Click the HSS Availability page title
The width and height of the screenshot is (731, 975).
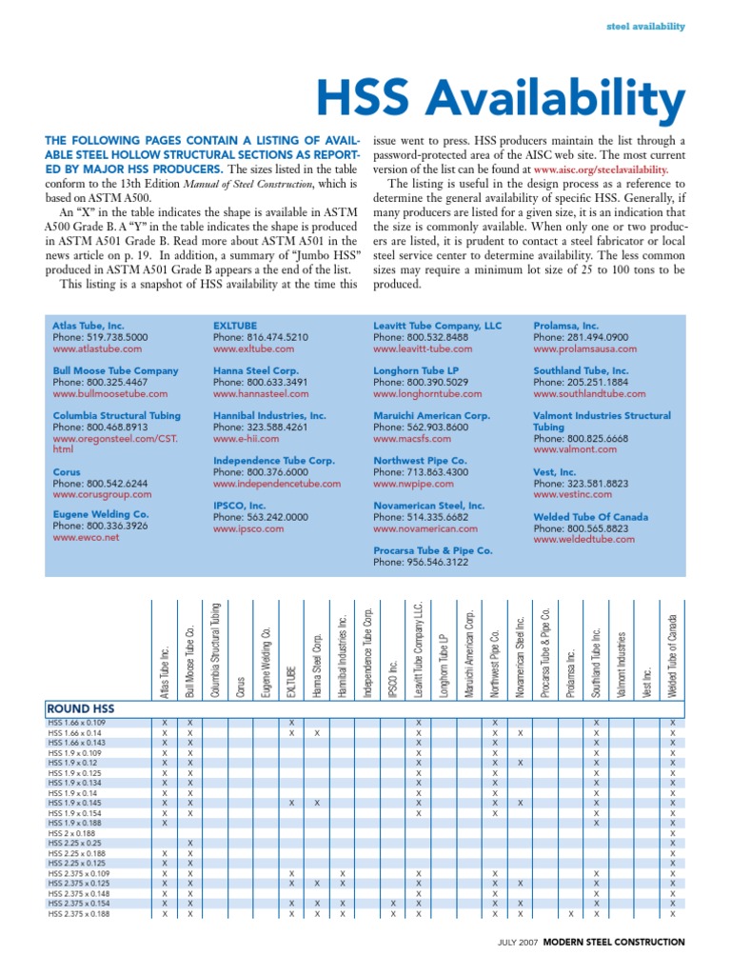[500, 97]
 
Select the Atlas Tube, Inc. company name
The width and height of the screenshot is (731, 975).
[89, 326]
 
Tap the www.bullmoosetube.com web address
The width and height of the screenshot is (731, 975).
[109, 393]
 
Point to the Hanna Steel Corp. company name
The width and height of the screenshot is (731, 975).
[256, 370]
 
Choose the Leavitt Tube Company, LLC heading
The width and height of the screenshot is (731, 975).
[437, 326]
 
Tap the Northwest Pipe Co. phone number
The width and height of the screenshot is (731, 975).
[415, 471]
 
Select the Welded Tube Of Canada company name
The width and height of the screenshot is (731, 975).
[590, 517]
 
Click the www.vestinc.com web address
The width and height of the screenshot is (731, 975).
[572, 494]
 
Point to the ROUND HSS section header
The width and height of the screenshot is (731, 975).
[81, 709]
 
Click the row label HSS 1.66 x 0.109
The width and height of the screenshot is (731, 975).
[78, 724]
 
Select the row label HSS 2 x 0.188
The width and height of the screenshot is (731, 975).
[72, 833]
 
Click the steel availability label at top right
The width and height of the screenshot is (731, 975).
[645, 27]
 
